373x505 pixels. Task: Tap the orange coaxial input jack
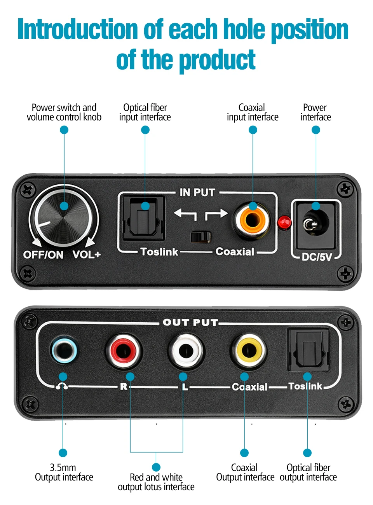click(x=252, y=220)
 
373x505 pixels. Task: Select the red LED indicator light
click(x=284, y=222)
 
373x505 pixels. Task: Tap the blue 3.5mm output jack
click(x=64, y=350)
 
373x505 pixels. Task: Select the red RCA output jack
click(x=124, y=351)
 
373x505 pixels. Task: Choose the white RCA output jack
click(x=186, y=351)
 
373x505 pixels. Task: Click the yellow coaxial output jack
click(x=249, y=350)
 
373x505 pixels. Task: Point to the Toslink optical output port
click(x=308, y=349)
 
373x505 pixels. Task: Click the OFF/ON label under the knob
click(x=43, y=255)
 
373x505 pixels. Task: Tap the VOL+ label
click(x=87, y=255)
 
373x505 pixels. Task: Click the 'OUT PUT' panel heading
click(x=190, y=322)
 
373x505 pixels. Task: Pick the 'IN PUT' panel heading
click(x=197, y=192)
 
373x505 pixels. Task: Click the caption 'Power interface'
click(x=315, y=112)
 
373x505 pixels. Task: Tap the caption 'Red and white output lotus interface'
click(x=156, y=482)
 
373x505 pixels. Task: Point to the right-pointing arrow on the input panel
click(x=216, y=214)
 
